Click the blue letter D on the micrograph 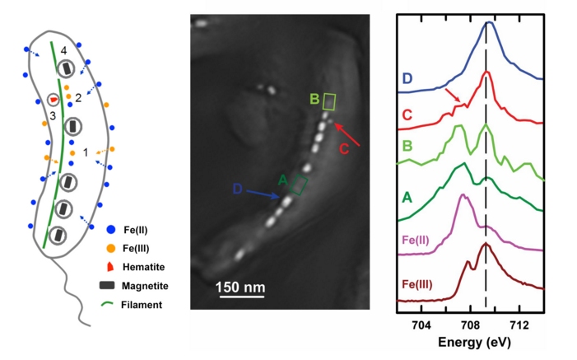click(237, 189)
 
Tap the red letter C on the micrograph click(345, 148)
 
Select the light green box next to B click(329, 101)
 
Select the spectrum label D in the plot click(407, 78)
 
